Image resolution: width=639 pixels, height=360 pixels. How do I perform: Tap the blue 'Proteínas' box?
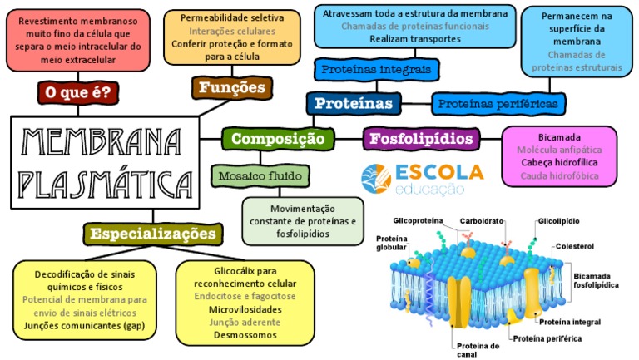(354, 103)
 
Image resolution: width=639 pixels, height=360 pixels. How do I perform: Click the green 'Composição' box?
(278, 139)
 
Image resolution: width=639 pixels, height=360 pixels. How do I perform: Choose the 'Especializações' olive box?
(155, 234)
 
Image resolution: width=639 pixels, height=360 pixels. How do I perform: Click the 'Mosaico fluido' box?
(250, 176)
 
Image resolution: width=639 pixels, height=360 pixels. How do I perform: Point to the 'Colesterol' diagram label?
(575, 246)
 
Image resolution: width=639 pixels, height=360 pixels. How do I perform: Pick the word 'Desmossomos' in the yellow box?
(245, 335)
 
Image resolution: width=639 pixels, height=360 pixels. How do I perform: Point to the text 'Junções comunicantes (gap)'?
(84, 326)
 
